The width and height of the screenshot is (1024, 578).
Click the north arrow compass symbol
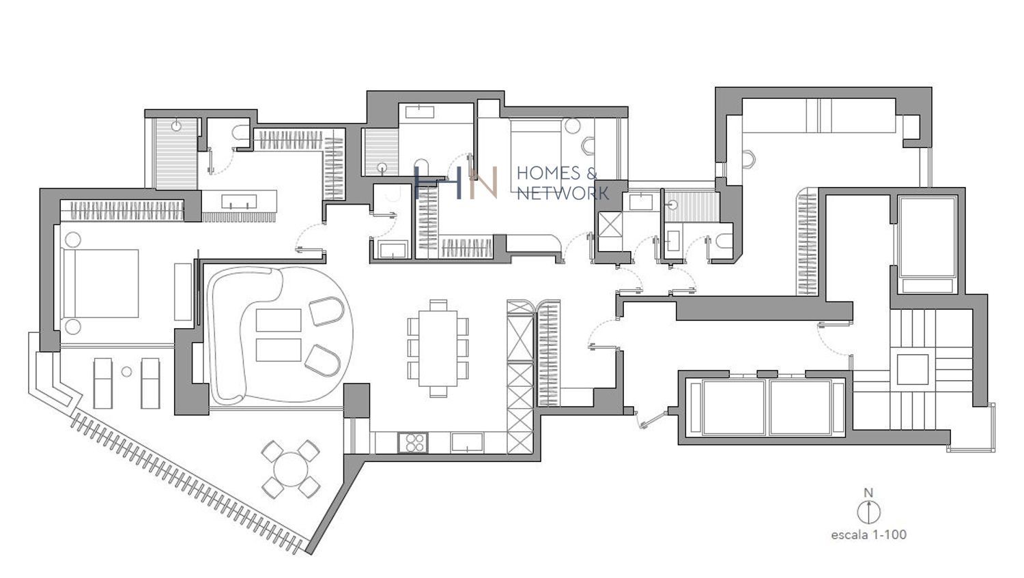[x=868, y=512]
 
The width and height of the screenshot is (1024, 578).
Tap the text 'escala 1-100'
[x=868, y=534]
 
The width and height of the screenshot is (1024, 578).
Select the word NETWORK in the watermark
[x=563, y=193]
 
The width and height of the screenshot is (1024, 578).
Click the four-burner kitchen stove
[x=413, y=442]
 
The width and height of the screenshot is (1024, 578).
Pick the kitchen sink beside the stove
[x=467, y=442]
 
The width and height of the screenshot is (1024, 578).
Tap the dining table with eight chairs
[x=438, y=348]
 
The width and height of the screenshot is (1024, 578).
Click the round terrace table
[x=291, y=469]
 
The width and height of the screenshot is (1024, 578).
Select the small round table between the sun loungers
[x=126, y=372]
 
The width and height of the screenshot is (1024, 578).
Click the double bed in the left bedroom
[x=100, y=283]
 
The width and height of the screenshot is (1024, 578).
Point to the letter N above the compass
[x=868, y=493]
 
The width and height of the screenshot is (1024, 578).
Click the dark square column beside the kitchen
[x=356, y=401]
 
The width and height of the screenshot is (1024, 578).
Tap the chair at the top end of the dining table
[x=438, y=305]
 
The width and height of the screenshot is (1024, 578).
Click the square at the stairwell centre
[x=913, y=369]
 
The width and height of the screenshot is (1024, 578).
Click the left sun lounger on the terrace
[x=103, y=384]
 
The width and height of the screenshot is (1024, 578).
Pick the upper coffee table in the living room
[x=279, y=320]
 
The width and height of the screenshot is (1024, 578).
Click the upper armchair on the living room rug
[x=326, y=311]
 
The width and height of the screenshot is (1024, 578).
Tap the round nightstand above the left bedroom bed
[x=72, y=240]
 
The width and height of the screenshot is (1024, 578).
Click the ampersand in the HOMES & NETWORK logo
[x=592, y=173]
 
